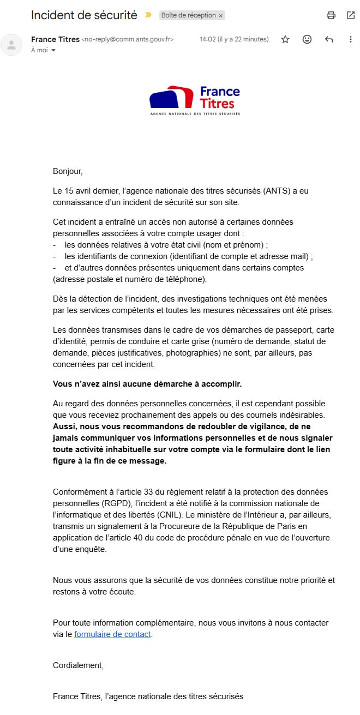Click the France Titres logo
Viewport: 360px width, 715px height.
tap(195, 100)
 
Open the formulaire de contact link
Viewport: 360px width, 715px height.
tap(112, 634)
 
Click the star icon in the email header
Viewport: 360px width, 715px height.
tap(285, 39)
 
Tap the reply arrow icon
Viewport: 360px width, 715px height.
tap(329, 39)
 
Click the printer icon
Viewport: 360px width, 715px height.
tap(331, 15)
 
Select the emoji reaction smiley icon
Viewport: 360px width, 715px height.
tap(307, 39)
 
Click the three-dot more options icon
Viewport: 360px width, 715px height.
tap(351, 39)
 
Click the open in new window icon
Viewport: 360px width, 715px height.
tap(351, 15)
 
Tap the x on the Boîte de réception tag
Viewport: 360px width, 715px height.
tap(220, 16)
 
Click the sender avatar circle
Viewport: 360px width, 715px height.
tap(11, 44)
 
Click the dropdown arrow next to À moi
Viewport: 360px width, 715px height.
tap(53, 50)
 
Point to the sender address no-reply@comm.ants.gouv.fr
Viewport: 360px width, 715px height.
tap(128, 39)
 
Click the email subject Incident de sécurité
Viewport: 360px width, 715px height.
tap(84, 15)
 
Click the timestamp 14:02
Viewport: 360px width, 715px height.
tap(208, 39)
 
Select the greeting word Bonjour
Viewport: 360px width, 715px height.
tap(67, 171)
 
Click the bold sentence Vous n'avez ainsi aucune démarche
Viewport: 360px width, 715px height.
tap(147, 384)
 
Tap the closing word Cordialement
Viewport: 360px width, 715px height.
tap(77, 665)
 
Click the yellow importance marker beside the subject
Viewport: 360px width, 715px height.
tap(148, 15)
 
